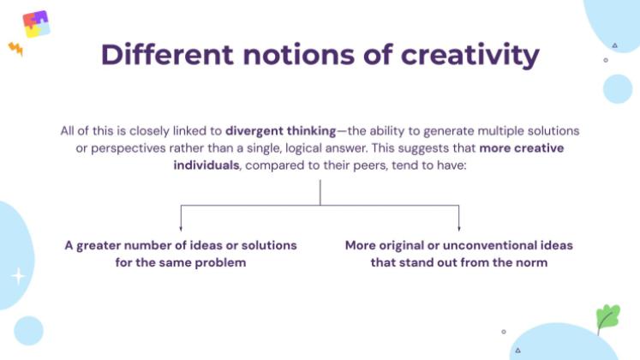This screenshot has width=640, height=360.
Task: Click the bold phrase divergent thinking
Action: click(x=280, y=131)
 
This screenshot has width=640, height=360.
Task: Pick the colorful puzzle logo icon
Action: click(x=36, y=23)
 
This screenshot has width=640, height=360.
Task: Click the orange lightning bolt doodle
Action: click(x=15, y=48)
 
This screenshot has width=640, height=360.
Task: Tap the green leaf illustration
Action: click(x=607, y=317)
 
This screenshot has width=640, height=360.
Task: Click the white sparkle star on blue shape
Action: click(x=17, y=276)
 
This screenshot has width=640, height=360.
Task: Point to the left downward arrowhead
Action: click(x=181, y=228)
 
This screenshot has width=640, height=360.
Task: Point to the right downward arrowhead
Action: click(x=459, y=228)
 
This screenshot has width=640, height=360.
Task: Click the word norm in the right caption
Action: click(x=531, y=262)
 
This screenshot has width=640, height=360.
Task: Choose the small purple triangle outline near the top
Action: click(x=615, y=45)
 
